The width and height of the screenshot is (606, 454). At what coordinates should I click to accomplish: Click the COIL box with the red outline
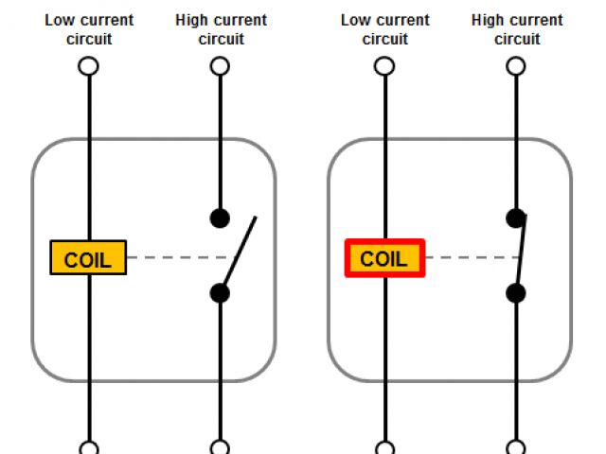click(x=384, y=258)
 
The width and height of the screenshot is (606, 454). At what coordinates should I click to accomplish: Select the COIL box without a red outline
click(x=88, y=258)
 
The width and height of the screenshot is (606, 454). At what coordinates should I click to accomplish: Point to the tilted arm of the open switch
click(x=240, y=253)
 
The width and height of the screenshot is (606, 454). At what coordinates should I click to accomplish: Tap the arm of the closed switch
click(x=520, y=253)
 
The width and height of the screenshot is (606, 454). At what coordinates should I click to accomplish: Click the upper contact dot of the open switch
click(x=220, y=218)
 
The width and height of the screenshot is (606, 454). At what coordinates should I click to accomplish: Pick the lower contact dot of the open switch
click(x=220, y=293)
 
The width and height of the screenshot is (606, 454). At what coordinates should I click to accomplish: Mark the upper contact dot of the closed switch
click(x=516, y=218)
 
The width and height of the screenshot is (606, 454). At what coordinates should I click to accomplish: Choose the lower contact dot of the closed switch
click(x=516, y=293)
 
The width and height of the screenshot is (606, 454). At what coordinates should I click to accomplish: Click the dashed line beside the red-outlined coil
click(x=464, y=257)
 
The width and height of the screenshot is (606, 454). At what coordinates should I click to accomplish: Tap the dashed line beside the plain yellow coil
click(x=175, y=257)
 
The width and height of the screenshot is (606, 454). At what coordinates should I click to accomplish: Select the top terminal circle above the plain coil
click(x=88, y=66)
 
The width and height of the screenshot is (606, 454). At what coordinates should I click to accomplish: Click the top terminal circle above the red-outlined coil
click(x=384, y=66)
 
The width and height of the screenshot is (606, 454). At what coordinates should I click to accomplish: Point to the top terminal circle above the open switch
click(x=220, y=66)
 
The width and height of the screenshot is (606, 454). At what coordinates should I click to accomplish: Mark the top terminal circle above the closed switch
click(x=516, y=66)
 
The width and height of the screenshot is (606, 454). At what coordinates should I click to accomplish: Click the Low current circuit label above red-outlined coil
click(x=384, y=29)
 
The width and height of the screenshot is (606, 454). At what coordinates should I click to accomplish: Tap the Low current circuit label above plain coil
click(x=89, y=29)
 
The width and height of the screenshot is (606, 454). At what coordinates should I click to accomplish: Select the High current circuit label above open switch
click(x=221, y=29)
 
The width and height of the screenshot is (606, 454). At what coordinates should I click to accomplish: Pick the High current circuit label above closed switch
click(x=517, y=29)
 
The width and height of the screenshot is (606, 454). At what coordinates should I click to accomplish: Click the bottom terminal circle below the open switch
click(x=220, y=448)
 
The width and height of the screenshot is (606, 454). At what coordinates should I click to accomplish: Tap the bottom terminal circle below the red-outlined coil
click(x=384, y=448)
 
